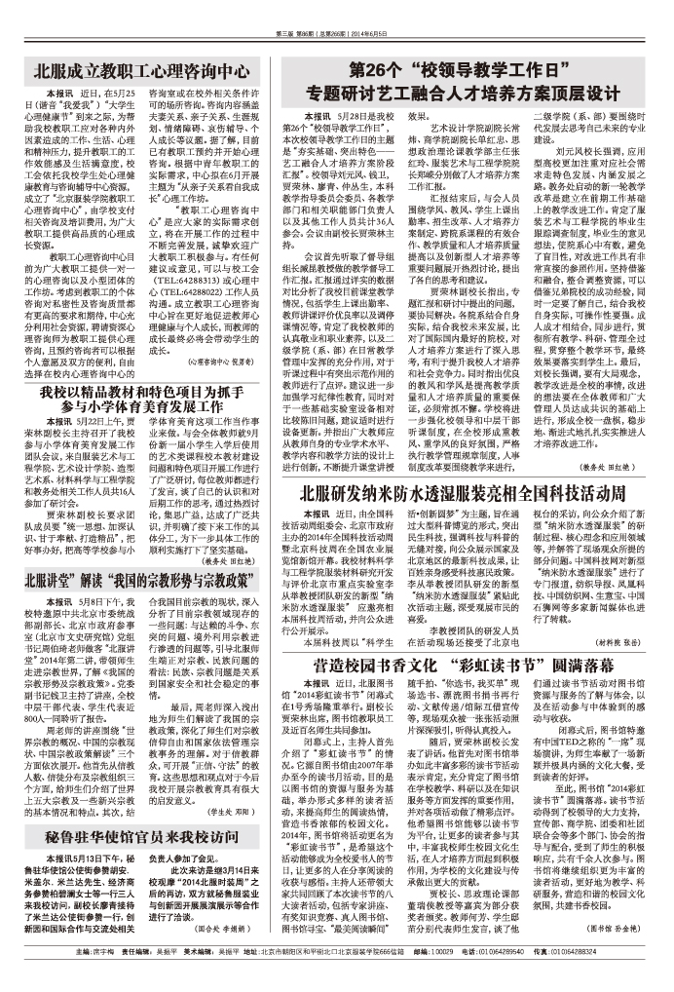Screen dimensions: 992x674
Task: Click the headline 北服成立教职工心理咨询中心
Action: [x=141, y=72]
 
